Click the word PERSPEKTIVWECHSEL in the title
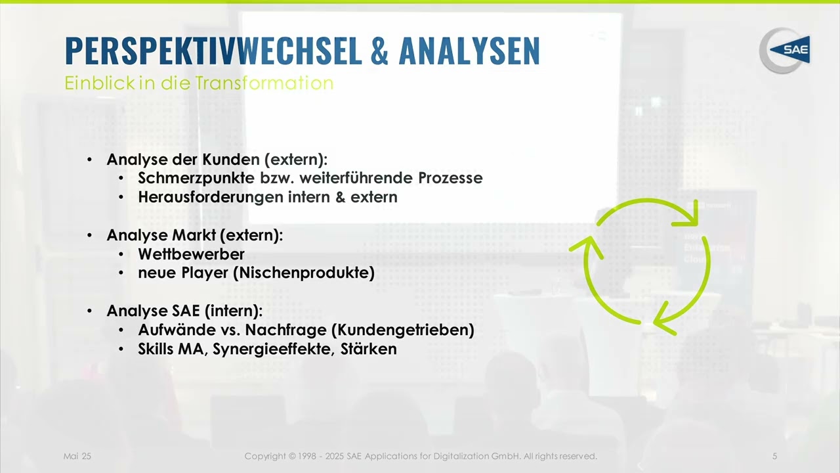(x=214, y=51)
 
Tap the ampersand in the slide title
(x=379, y=51)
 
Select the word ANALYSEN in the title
(x=469, y=51)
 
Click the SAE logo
(x=784, y=51)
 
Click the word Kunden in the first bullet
(x=231, y=160)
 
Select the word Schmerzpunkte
(x=196, y=178)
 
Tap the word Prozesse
(x=450, y=178)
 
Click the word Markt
(x=194, y=235)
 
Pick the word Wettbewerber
(x=191, y=254)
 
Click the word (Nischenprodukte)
(x=304, y=273)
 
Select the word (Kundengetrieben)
(x=403, y=330)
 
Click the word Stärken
(x=369, y=349)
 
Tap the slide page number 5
(x=775, y=456)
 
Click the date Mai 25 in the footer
(x=77, y=456)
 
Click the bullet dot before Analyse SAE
(x=89, y=311)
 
